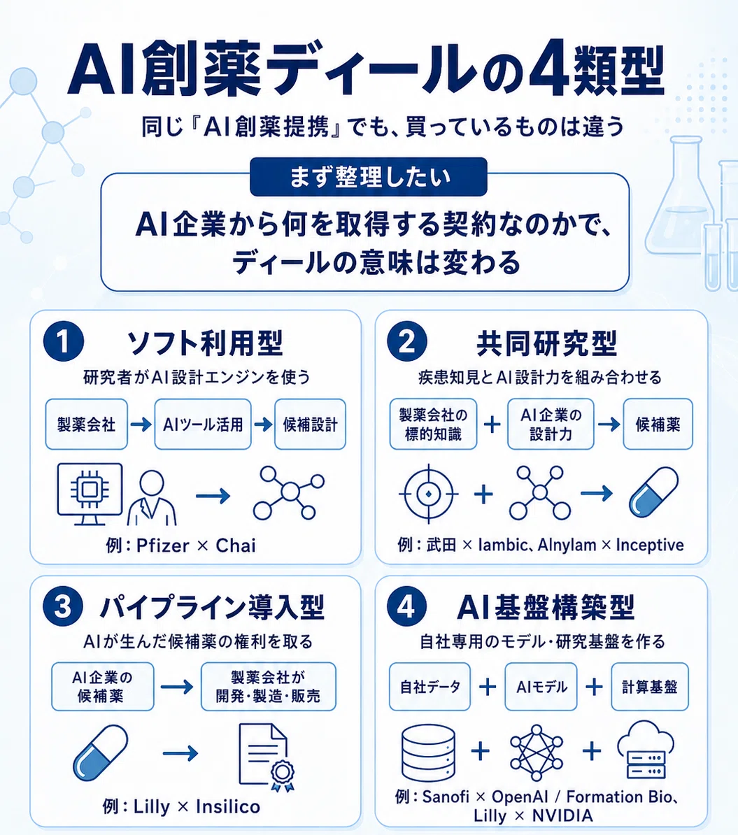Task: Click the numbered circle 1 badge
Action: [64, 342]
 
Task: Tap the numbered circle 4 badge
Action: [406, 606]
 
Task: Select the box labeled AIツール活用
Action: [202, 424]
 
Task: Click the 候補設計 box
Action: [310, 424]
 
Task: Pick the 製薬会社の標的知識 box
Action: [433, 424]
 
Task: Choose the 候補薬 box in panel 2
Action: [658, 424]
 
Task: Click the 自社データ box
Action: [430, 687]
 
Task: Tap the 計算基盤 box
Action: [650, 687]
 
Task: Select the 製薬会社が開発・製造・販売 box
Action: [269, 687]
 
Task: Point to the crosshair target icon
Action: [428, 494]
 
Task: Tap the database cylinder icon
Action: [428, 752]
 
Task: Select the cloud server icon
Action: [645, 749]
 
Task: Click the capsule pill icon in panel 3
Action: [100, 752]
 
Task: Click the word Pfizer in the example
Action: [162, 546]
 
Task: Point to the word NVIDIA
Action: [562, 816]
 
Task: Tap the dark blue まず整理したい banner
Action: [368, 177]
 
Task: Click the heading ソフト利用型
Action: [205, 343]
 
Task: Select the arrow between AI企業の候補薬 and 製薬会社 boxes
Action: [176, 687]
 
